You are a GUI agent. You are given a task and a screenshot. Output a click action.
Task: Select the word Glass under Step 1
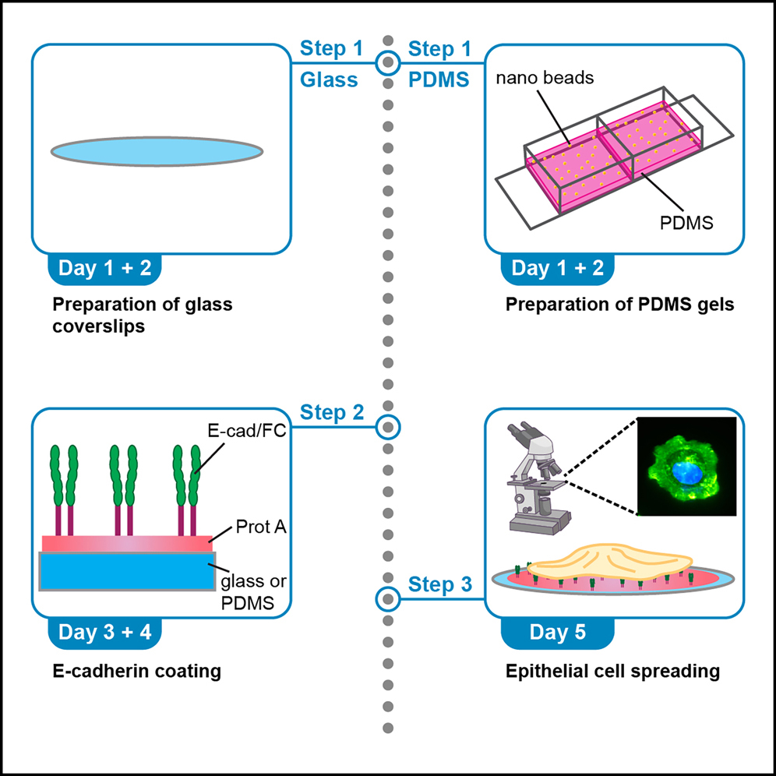331,79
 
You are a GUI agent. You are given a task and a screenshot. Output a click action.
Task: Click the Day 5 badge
558,632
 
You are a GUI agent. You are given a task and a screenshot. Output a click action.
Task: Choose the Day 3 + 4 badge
104,632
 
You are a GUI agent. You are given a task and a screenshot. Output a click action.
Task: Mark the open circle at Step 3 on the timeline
387,598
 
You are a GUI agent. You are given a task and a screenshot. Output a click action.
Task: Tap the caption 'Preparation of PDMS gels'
619,305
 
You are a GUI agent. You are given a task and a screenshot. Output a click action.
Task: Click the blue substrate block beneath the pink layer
125,571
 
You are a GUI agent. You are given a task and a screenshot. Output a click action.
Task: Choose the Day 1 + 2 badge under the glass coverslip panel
104,269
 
